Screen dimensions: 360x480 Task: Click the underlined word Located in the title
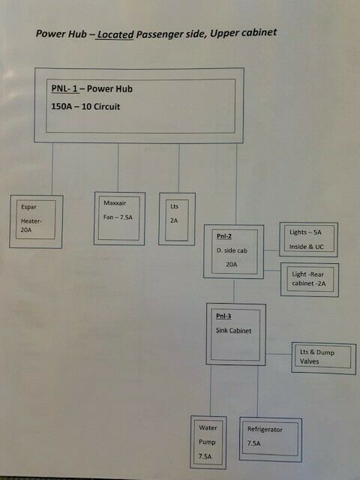tap(115, 34)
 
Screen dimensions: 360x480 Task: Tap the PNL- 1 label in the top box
tap(64, 88)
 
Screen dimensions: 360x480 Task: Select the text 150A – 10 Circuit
tap(85, 106)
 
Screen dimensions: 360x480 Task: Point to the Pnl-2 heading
tap(224, 236)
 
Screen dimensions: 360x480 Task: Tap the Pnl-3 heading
tap(223, 316)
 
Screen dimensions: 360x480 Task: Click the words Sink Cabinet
tap(233, 331)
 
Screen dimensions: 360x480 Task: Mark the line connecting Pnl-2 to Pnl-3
tap(234, 291)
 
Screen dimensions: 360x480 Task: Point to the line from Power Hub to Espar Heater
tap(52, 169)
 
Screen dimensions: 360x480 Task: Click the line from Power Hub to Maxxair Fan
tap(118, 168)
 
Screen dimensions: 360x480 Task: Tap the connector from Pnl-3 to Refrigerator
tap(257, 391)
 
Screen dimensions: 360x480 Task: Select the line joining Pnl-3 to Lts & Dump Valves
tap(278, 354)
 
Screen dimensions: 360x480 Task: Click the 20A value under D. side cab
tap(232, 264)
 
